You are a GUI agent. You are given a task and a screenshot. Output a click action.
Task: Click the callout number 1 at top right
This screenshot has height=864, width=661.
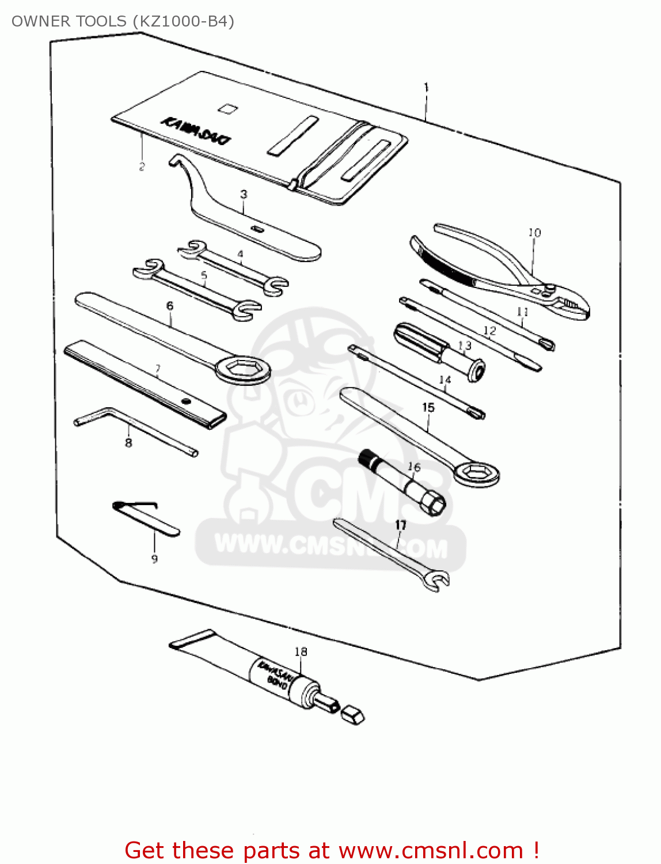(x=426, y=88)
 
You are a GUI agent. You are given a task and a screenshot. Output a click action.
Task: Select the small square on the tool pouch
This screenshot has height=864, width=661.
(x=227, y=108)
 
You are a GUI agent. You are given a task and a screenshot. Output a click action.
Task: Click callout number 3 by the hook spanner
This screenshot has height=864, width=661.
(x=244, y=194)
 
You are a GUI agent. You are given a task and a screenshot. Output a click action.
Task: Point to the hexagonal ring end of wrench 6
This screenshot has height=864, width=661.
(x=243, y=369)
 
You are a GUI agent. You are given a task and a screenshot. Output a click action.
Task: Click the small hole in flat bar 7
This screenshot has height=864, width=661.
(x=185, y=401)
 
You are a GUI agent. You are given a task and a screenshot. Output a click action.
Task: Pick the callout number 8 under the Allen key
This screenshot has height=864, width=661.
(x=128, y=442)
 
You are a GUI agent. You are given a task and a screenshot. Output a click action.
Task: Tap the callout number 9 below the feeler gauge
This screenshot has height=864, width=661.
(x=154, y=559)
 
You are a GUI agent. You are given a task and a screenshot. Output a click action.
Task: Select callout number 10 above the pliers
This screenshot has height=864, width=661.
(x=534, y=233)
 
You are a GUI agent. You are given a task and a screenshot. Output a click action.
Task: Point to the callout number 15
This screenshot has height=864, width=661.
(x=428, y=408)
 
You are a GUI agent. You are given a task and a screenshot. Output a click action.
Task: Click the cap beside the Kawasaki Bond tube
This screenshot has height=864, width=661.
(x=352, y=715)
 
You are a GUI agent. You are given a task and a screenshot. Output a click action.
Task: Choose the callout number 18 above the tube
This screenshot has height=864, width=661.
(x=301, y=651)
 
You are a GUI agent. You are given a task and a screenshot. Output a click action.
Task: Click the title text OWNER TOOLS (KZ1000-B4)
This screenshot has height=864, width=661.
(x=123, y=21)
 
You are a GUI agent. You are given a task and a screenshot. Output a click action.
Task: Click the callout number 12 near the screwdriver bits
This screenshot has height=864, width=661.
(x=489, y=331)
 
